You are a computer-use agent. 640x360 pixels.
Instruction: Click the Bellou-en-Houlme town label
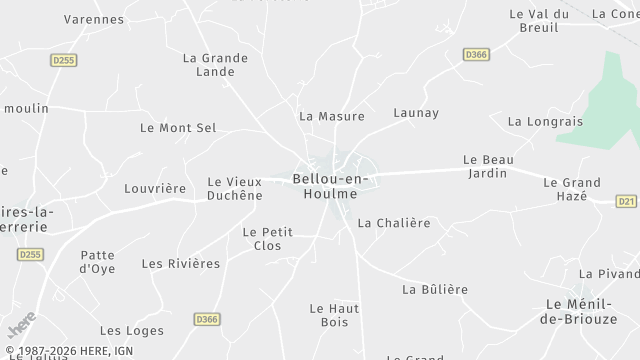(330, 185)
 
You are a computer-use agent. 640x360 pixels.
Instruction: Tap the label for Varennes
(94, 19)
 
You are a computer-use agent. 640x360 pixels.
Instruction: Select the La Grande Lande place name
(215, 64)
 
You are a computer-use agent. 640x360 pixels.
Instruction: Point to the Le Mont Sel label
(178, 128)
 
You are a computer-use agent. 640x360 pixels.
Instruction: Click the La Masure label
(332, 116)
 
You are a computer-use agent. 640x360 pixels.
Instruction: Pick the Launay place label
(416, 113)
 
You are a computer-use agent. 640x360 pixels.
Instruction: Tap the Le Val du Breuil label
(539, 20)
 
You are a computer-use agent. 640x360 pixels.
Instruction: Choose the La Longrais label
(544, 122)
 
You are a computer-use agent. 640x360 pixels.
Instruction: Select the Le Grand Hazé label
(572, 189)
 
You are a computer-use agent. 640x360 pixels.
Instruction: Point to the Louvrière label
(155, 188)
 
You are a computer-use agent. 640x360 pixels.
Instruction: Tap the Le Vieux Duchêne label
(235, 188)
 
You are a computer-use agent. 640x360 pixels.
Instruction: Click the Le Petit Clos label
(268, 238)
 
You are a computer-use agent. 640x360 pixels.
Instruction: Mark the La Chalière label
(394, 223)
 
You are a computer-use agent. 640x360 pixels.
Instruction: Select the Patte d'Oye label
(98, 262)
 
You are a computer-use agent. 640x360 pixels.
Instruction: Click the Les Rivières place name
(181, 264)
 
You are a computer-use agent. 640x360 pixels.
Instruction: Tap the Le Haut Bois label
(334, 315)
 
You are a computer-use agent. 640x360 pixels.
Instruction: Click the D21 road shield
(626, 201)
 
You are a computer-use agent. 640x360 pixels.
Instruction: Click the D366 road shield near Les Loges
(207, 319)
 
